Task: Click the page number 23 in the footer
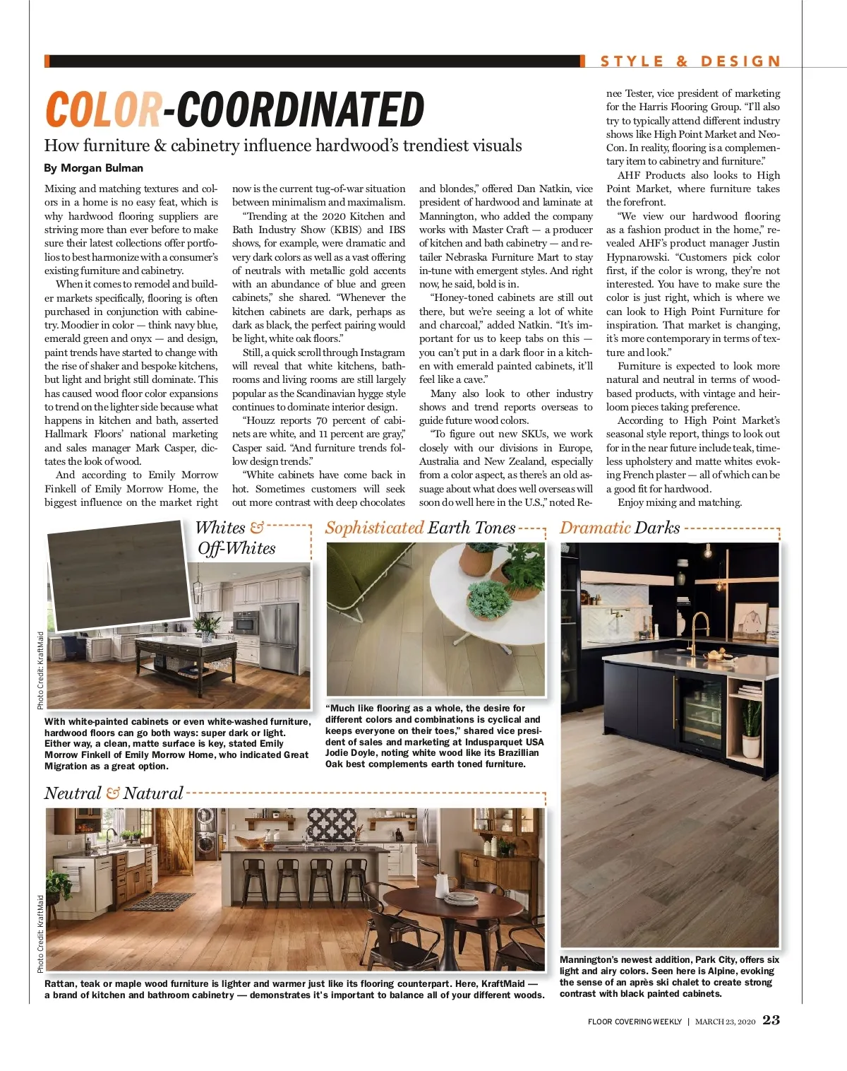pos(771,1020)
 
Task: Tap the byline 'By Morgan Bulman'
pos(93,168)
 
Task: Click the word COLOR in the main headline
pos(103,110)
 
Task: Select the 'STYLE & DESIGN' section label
pos(690,61)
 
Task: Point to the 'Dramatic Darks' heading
pos(620,528)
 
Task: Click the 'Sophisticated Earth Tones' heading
pos(420,528)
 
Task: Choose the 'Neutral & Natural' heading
pos(114,793)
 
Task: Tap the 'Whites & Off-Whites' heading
pos(236,538)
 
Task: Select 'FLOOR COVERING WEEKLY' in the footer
pos(635,1022)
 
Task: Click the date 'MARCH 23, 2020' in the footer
pos(725,1022)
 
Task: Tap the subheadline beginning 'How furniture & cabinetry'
pos(282,146)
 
